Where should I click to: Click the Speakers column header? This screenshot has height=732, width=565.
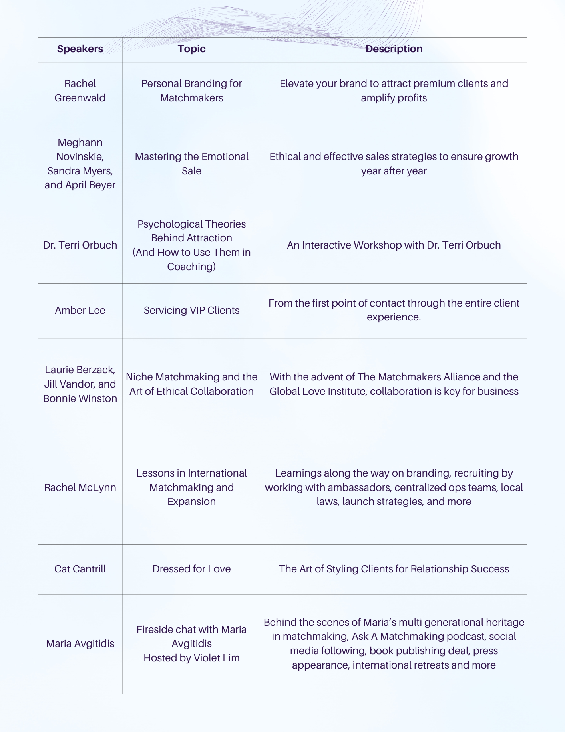[80, 49]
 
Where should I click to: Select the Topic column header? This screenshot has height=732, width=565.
[191, 49]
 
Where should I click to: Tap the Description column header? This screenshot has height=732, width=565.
[394, 49]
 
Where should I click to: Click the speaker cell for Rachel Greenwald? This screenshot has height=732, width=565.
[80, 91]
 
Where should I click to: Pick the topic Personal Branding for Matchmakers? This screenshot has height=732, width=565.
[191, 91]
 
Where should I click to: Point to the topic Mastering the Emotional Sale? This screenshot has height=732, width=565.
[191, 164]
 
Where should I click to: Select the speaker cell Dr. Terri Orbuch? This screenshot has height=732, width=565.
[80, 245]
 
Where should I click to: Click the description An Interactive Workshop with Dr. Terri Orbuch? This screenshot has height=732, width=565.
[394, 245]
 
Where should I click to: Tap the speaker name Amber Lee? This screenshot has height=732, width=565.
[80, 310]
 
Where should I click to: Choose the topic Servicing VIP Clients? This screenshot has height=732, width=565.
[191, 310]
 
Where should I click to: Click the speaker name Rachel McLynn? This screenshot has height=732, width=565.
[80, 487]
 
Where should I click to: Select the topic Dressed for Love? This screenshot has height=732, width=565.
[191, 569]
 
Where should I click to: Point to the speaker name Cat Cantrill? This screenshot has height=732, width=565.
[80, 569]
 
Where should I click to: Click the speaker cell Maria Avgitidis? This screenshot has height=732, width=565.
[80, 643]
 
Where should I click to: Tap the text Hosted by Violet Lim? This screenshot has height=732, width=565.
[191, 658]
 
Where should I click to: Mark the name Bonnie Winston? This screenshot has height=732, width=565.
[80, 398]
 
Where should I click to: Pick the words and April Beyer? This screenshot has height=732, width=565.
[80, 185]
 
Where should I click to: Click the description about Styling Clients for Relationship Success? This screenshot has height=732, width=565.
[394, 569]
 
